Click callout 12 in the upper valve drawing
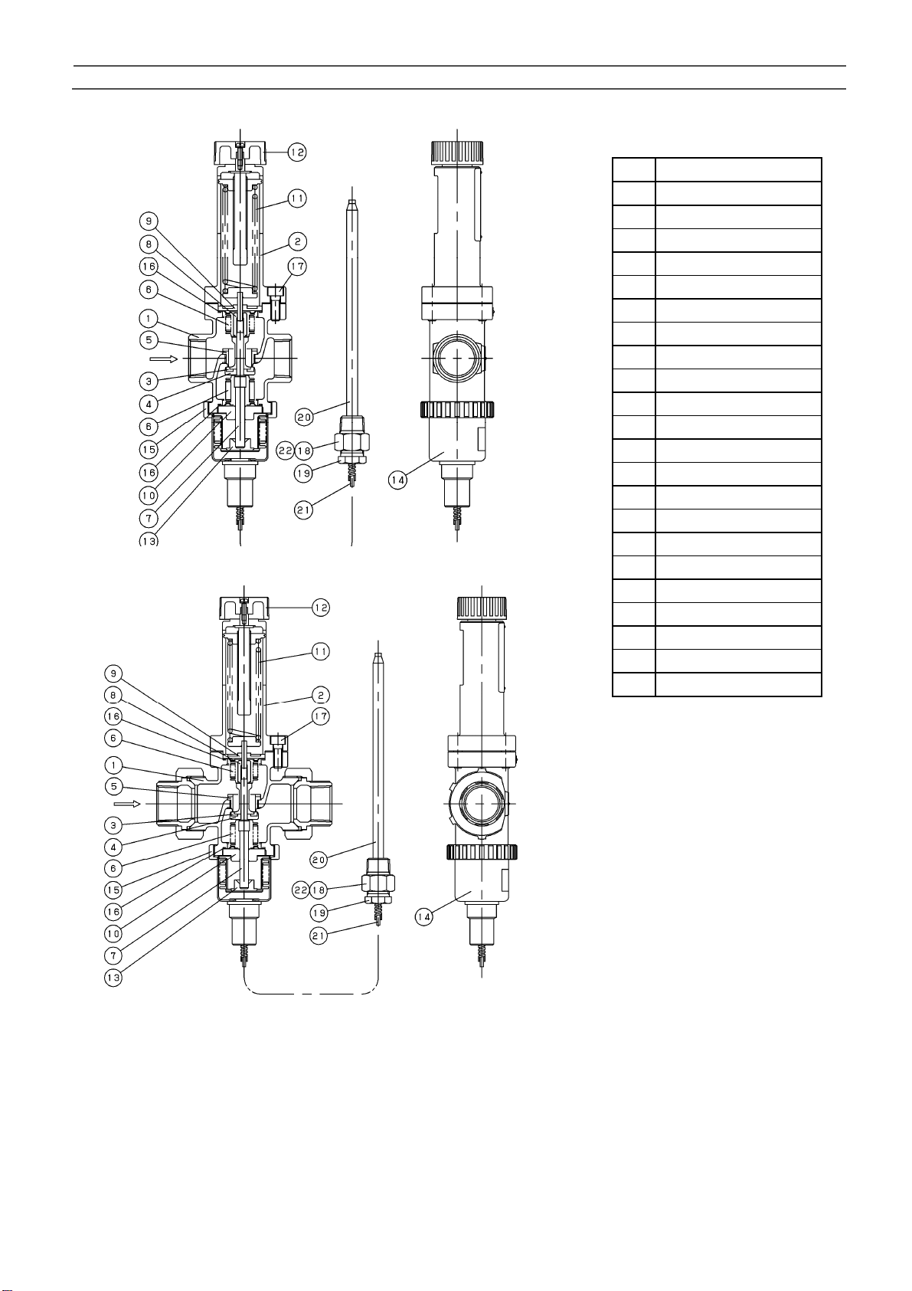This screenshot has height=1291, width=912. pos(297,152)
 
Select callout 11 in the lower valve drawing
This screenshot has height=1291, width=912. pos(320,652)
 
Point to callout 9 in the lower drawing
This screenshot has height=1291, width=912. pos(113,674)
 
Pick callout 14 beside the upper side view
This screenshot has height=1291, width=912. pos(397,482)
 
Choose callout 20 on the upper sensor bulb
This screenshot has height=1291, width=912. pos(305,418)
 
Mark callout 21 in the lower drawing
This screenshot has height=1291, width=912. pos(319,935)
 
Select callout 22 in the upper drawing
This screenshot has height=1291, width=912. pos(284,451)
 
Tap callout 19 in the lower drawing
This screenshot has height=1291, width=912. pos(319,913)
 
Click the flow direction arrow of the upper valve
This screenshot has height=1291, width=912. pos(162,358)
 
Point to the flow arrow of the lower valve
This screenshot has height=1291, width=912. pos(127,804)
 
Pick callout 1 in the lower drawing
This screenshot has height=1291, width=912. pos(113,765)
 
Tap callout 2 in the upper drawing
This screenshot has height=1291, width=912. pos(297,242)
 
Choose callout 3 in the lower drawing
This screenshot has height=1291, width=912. pos(113,825)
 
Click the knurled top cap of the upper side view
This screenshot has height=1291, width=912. pos(457,149)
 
